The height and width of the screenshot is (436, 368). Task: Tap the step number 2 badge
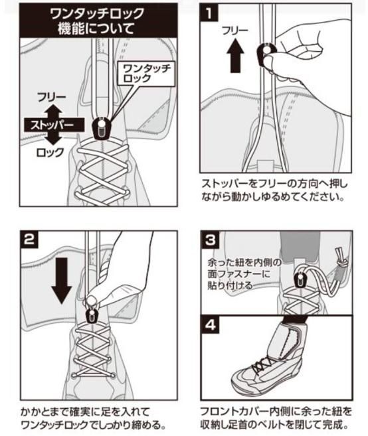point(29,240)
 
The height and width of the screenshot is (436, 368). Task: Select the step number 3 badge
point(210,240)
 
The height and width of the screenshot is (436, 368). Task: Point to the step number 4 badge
point(210,325)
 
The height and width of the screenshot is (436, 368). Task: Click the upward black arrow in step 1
point(235,56)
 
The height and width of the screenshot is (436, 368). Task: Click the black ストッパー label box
point(54,125)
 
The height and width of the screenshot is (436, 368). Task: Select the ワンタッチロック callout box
point(147,73)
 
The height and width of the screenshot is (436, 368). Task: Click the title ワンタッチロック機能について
point(98,21)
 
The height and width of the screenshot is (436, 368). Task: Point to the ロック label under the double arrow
point(50,153)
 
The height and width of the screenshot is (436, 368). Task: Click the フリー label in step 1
point(235,31)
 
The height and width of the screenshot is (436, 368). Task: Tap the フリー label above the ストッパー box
point(52,98)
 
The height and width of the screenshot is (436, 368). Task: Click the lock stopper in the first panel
point(102,128)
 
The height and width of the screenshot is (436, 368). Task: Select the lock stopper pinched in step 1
point(266,53)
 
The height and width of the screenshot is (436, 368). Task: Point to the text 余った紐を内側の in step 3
point(244,263)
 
